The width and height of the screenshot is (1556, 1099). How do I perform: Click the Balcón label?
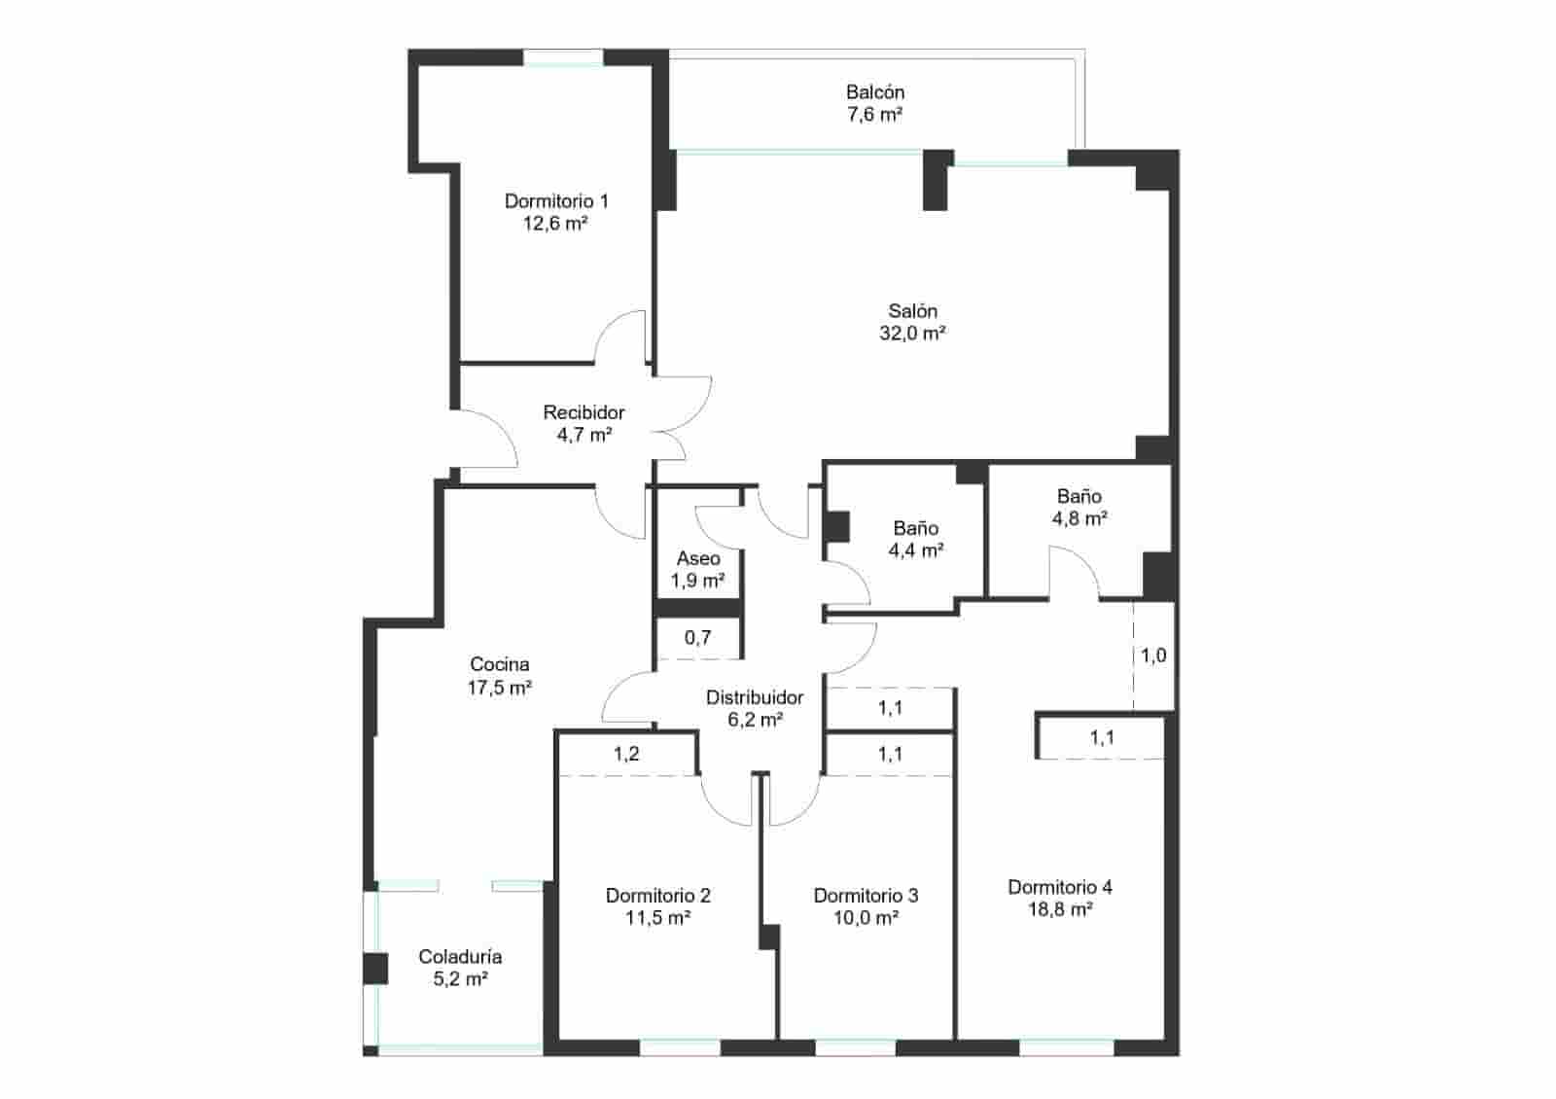click(874, 92)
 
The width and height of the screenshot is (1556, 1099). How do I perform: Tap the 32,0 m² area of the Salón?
click(912, 334)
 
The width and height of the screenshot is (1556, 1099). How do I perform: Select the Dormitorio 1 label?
click(556, 201)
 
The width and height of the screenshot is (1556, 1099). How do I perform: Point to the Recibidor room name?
click(583, 412)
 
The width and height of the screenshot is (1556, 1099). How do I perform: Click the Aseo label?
click(698, 558)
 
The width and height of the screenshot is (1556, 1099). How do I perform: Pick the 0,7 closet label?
click(697, 638)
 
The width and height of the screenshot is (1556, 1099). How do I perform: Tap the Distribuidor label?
click(755, 697)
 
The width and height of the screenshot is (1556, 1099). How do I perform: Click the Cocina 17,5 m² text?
click(500, 688)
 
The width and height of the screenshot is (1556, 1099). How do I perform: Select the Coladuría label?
click(460, 957)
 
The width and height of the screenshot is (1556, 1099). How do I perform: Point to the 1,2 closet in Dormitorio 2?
click(626, 754)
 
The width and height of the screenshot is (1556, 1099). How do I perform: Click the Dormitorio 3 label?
click(866, 896)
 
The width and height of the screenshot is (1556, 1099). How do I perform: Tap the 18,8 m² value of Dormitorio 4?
click(1060, 910)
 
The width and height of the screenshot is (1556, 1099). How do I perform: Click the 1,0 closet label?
click(1153, 656)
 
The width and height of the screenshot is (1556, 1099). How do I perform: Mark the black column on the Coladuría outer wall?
click(375, 969)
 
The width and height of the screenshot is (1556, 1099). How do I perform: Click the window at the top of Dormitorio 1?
click(564, 57)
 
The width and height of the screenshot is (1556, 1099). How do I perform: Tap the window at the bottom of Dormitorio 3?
click(855, 1047)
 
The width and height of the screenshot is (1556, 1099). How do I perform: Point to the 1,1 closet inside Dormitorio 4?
click(1102, 738)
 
